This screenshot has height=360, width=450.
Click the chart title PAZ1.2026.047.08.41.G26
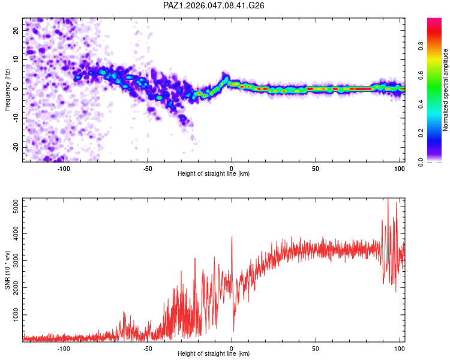214,5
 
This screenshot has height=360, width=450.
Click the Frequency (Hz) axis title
7,89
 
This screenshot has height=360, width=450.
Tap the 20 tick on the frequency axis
17,30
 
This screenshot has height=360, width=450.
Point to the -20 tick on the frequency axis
16,147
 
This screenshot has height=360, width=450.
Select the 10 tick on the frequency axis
17,59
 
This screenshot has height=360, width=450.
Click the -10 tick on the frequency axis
16,118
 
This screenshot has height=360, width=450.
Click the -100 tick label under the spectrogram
64,167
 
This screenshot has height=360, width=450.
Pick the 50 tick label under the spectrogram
315,167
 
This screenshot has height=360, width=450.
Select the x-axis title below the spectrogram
214,174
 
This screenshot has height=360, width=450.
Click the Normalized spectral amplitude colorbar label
445,90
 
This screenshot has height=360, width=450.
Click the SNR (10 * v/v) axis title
7,269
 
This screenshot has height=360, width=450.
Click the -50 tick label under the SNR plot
148,347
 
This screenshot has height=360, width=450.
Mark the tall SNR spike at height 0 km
232,238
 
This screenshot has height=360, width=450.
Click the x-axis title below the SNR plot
214,354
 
